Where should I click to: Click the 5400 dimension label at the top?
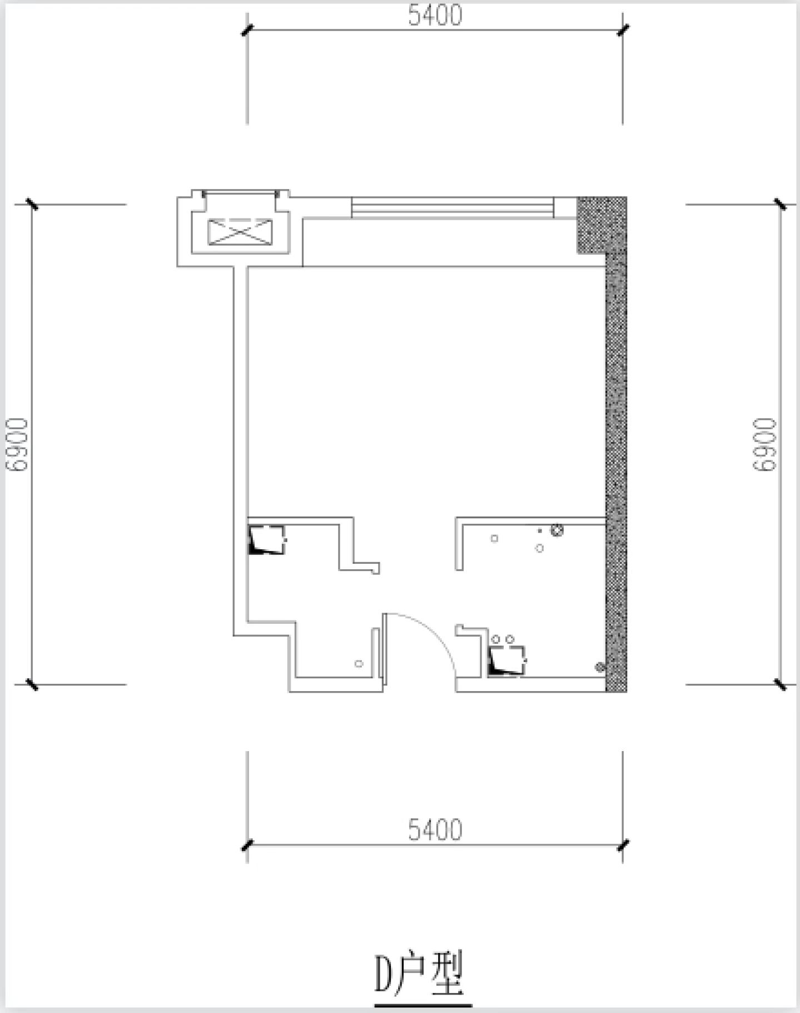435,16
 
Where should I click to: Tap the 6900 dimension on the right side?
764,444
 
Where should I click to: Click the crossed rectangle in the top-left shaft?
241,232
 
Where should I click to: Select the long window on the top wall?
453,207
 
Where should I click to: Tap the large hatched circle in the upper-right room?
557,530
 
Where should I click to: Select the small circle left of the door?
359,663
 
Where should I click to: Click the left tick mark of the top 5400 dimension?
247,30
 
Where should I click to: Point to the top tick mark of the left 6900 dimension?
32,204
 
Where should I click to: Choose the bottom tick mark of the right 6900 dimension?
781,684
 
